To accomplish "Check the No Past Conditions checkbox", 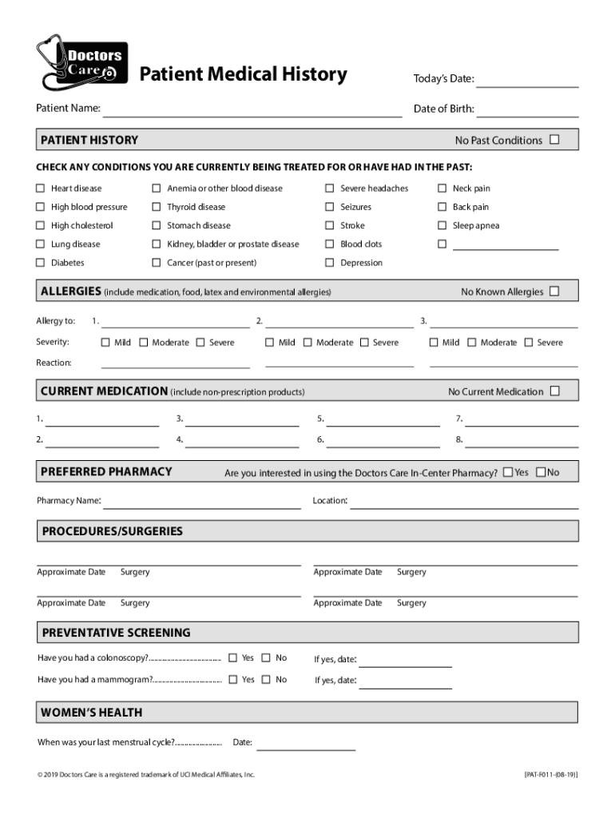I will pos(554,140).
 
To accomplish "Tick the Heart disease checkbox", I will pos(40,189).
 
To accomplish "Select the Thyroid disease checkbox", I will pos(157,207).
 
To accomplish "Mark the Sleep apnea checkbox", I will pos(442,225).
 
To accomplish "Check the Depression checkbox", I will pos(329,263).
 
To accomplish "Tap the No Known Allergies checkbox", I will pos(554,292).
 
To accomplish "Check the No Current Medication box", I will pos(554,391).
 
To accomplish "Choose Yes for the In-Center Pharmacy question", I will pos(508,472).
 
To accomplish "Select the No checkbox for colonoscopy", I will pos(266,658).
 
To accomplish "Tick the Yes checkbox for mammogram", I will pos(232,680).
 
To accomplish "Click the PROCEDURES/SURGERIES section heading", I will pos(113,531).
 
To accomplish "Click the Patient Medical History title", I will pos(244,75).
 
